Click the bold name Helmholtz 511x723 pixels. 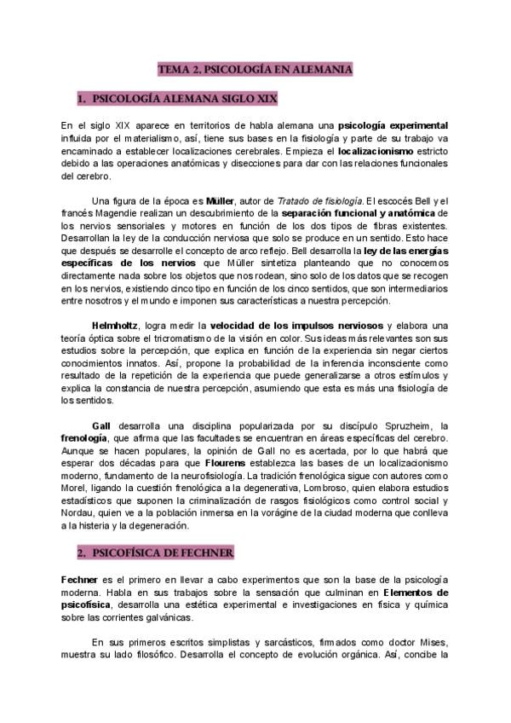[115, 326]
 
